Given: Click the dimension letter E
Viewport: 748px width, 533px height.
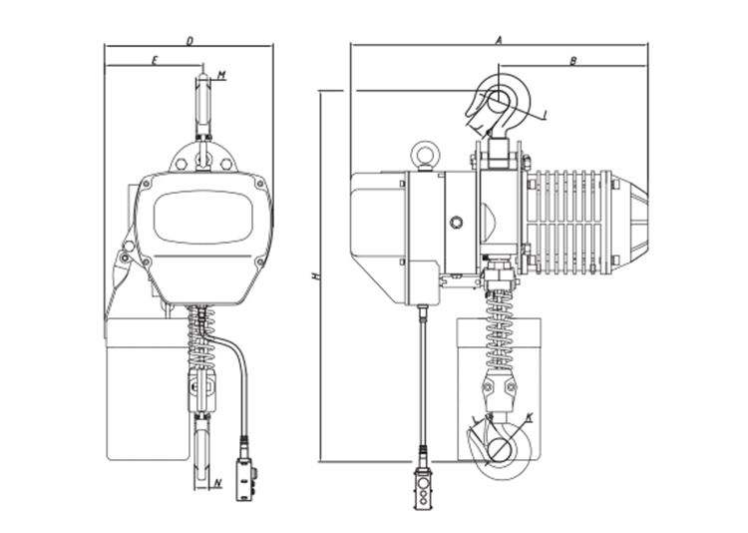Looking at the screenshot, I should coord(156,62).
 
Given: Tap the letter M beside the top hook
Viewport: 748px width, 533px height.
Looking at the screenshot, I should coord(221,75).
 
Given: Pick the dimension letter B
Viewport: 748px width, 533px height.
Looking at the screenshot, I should coord(573,62).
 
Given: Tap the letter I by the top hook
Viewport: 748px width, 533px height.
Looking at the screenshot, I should coord(548,115).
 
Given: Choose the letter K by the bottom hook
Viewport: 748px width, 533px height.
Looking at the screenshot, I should coord(530,415).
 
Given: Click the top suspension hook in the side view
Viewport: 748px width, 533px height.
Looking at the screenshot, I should coord(497,100).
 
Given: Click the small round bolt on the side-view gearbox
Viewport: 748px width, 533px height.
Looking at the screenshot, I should coord(457,222).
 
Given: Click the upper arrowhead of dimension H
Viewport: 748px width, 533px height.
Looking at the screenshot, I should coord(320,93).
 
